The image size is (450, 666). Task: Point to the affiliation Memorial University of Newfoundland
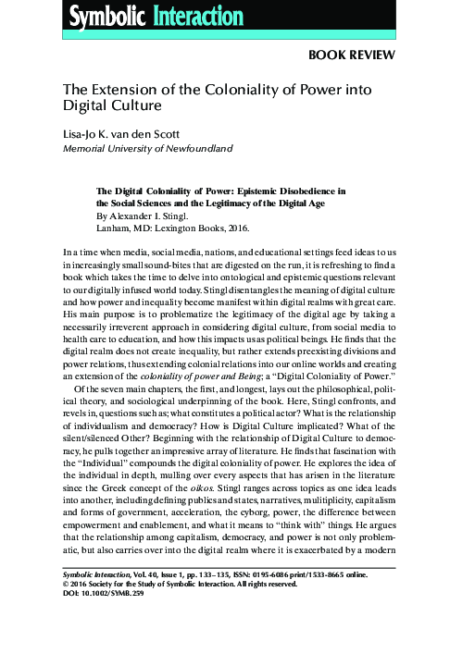146,148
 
